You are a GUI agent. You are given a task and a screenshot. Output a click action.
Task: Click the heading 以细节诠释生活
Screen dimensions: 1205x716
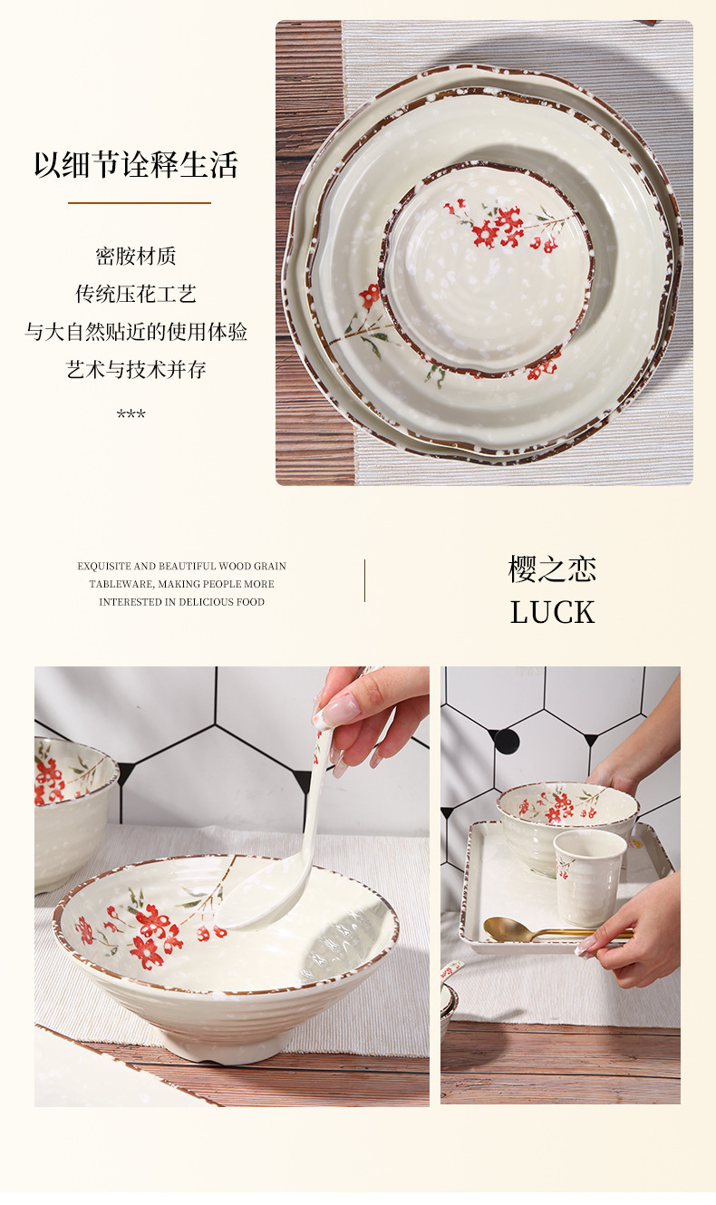click(x=136, y=165)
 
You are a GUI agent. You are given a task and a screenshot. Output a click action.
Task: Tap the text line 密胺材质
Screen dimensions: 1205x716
click(x=136, y=257)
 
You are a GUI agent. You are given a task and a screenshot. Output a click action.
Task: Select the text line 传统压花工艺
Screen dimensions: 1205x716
click(x=136, y=295)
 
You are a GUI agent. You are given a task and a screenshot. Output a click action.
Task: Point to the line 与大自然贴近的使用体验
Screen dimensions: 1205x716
click(x=136, y=332)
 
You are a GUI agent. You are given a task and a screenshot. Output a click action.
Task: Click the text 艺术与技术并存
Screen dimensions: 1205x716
click(x=136, y=370)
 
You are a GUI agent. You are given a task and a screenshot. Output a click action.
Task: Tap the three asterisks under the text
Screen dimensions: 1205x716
click(x=131, y=415)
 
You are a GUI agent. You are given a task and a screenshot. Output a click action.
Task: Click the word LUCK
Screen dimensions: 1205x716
click(x=552, y=613)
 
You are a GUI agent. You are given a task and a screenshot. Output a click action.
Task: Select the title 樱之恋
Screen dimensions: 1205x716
click(x=552, y=569)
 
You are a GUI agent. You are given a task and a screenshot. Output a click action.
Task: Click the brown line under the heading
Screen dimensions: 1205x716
click(x=140, y=203)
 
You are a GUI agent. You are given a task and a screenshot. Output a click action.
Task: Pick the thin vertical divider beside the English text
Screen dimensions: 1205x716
click(x=365, y=580)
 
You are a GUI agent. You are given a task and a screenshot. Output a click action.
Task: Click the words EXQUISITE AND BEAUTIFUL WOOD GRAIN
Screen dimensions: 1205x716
click(x=181, y=567)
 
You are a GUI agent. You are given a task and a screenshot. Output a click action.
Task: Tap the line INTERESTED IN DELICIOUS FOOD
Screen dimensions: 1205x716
click(x=181, y=602)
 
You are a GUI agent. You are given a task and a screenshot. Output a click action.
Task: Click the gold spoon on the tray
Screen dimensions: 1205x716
click(x=517, y=929)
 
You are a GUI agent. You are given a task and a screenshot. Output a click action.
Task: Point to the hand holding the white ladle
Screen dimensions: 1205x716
click(x=372, y=712)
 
